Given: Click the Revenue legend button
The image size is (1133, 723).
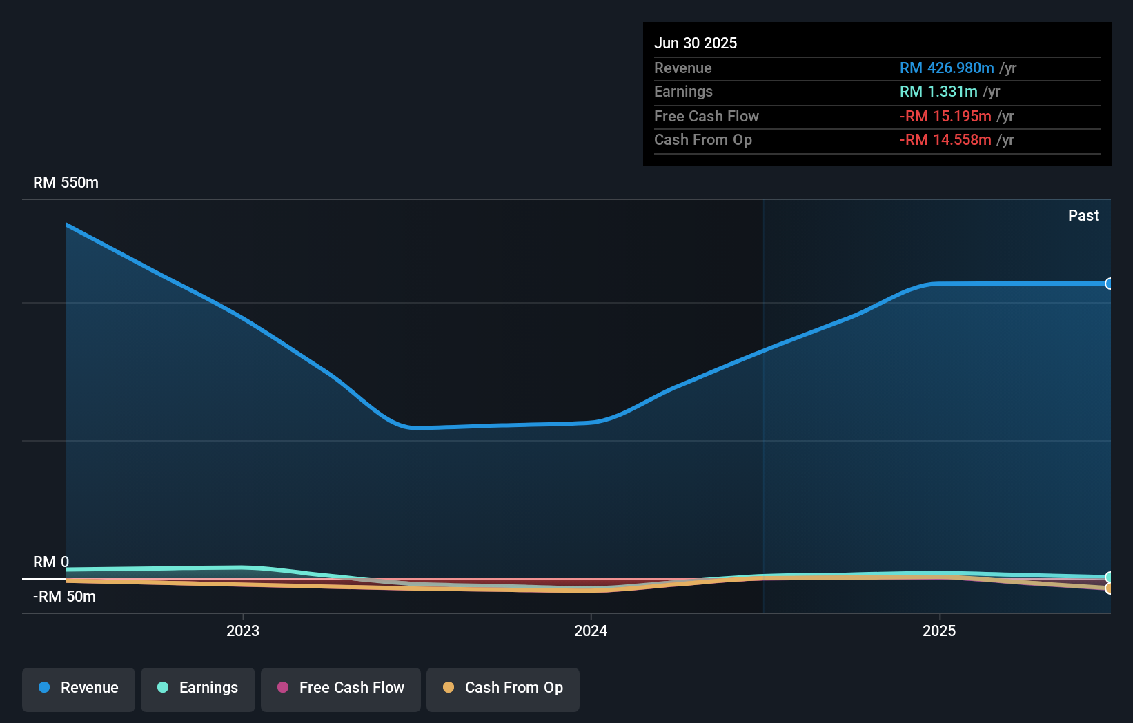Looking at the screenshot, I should [79, 689].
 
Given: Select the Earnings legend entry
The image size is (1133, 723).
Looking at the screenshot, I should [198, 689].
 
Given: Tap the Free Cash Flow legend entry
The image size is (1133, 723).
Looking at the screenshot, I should [341, 689].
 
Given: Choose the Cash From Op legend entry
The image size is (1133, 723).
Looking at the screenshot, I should [503, 689].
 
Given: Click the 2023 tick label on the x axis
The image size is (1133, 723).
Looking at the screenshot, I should [243, 631].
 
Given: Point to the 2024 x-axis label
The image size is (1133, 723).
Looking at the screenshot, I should [591, 631].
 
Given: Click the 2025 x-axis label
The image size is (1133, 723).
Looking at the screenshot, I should [939, 631].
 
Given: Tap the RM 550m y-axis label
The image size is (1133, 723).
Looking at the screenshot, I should [66, 183].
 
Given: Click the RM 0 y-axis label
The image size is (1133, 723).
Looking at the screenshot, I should [51, 562].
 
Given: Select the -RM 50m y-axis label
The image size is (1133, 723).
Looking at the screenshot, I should [64, 596].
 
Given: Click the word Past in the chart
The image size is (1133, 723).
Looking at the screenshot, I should [1083, 216].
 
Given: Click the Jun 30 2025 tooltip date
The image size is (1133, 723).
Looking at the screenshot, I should [696, 43].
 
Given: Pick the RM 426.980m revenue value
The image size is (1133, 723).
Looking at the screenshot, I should [947, 68].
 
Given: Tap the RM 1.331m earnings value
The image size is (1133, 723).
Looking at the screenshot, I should [938, 92].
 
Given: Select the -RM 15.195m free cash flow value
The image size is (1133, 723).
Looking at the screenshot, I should [945, 117].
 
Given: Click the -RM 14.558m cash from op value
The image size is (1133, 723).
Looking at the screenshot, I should [945, 140].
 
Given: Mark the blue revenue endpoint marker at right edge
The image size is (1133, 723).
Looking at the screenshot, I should [1109, 284].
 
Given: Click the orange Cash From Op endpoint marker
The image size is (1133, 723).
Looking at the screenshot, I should [1109, 588].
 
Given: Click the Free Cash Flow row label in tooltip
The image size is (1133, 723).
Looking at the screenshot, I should [706, 117].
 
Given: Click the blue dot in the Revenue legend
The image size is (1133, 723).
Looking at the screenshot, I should [44, 688].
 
